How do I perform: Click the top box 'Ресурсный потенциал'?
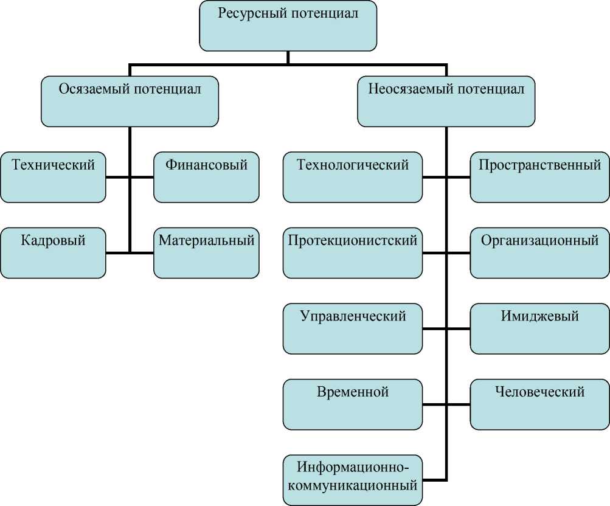click(288, 26)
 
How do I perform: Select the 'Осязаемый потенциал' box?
click(130, 101)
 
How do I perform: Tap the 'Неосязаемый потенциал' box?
click(446, 101)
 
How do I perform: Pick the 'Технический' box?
click(53, 177)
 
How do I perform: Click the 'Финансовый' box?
click(206, 177)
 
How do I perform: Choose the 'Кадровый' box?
click(53, 253)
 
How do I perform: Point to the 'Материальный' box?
click(206, 253)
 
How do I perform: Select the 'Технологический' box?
click(352, 177)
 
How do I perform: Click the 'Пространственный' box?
click(539, 177)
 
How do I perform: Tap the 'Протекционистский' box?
click(352, 253)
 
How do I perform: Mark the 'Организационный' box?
click(539, 253)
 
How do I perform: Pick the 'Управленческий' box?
click(352, 328)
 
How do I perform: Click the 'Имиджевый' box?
click(539, 328)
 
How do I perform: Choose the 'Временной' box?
click(352, 404)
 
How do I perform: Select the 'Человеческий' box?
click(539, 404)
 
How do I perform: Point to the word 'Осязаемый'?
click(91, 89)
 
